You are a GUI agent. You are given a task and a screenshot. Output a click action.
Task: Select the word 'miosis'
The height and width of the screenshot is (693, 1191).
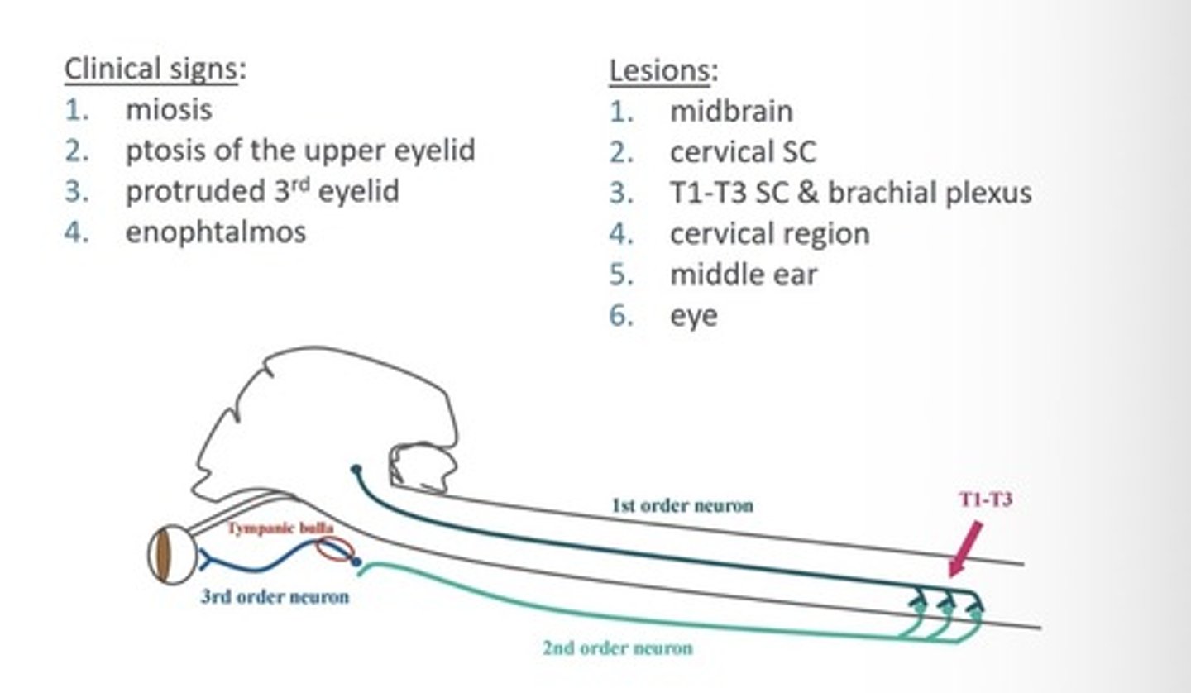[169, 108]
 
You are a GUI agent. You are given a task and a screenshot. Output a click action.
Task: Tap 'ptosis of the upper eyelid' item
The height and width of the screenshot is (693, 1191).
[299, 150]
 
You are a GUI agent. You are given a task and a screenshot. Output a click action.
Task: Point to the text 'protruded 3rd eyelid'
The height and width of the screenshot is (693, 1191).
[261, 191]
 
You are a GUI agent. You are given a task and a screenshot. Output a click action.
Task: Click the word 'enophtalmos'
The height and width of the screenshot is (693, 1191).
[215, 232]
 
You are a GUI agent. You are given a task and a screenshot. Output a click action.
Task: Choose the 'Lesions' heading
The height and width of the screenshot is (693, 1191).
[660, 70]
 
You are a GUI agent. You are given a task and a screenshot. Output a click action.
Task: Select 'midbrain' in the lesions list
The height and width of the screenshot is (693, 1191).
[731, 111]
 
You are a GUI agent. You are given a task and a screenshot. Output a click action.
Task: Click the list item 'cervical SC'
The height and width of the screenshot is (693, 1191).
[742, 151]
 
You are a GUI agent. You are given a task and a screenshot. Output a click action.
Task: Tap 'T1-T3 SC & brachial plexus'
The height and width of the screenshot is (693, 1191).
[850, 193]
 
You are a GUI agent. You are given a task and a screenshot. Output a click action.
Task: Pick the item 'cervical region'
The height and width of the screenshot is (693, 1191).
[769, 233]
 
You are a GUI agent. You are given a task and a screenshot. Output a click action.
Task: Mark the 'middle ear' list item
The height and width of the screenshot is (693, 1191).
[743, 275]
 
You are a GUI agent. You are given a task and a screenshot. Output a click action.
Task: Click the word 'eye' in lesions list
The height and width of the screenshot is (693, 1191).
[693, 316]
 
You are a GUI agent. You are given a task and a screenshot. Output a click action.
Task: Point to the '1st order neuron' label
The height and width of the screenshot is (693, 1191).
[682, 504]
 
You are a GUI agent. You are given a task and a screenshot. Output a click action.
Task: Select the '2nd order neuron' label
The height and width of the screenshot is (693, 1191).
[617, 648]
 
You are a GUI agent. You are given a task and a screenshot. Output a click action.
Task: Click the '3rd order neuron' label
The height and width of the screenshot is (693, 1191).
[275, 596]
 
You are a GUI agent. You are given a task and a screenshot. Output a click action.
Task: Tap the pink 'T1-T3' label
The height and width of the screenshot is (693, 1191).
[985, 499]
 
